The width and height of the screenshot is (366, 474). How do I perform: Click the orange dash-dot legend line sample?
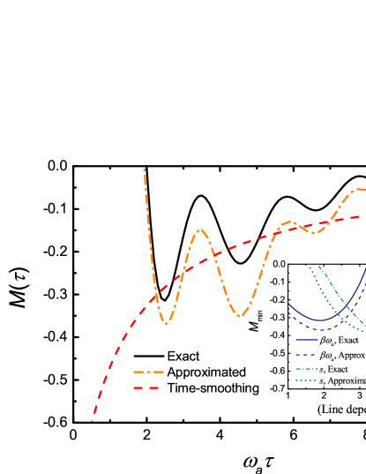point(148,372)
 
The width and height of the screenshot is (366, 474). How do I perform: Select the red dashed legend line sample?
point(146,387)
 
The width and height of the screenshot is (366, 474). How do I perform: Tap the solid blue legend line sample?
point(307,340)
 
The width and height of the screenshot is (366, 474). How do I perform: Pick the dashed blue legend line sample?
point(307,354)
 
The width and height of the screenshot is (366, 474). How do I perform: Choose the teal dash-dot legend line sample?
point(307,369)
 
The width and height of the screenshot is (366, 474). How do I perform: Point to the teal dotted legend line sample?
point(306,380)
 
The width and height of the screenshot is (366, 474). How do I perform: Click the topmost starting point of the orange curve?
point(145,169)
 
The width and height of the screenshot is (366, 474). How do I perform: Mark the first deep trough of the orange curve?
point(165,324)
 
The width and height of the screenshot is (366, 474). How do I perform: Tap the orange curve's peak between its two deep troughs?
point(201,230)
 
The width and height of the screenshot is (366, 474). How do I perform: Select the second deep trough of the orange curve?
point(239,315)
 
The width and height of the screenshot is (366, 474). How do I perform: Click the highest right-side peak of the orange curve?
point(357,189)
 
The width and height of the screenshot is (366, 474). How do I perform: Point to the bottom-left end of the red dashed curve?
point(92,421)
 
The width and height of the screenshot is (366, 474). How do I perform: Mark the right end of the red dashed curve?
point(361,216)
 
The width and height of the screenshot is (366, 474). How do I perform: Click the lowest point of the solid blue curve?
point(320,320)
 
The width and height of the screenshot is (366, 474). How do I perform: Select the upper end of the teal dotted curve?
point(309,265)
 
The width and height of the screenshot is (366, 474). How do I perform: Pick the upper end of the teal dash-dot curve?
point(319,266)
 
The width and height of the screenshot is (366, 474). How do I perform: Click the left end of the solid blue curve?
point(288,304)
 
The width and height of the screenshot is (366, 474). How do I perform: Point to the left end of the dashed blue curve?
point(288,312)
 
